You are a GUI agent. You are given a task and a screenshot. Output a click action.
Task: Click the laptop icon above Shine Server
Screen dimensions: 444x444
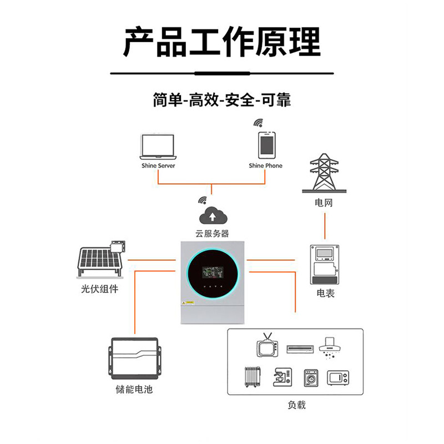tap(158, 148)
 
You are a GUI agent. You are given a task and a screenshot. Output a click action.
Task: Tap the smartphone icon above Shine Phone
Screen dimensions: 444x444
tap(265, 145)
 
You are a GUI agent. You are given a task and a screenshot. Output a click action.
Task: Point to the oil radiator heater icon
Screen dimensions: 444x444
tap(252, 377)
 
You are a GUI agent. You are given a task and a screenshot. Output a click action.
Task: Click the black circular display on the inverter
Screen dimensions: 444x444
tap(212, 273)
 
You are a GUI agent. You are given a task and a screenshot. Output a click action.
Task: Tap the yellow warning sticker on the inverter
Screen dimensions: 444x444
tap(189, 303)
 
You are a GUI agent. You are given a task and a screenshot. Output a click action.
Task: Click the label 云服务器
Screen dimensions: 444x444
tap(211, 234)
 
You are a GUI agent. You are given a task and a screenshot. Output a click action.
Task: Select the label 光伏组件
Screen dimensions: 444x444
tap(99, 289)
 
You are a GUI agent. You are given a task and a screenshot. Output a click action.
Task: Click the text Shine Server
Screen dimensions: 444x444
tap(158, 166)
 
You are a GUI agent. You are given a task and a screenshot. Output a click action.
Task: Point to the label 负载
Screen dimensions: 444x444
tap(296, 405)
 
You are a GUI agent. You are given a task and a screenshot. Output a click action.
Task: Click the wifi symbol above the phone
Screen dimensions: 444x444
tap(258, 122)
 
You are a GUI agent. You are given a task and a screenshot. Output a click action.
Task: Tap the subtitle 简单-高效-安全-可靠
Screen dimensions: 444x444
tap(222, 100)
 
